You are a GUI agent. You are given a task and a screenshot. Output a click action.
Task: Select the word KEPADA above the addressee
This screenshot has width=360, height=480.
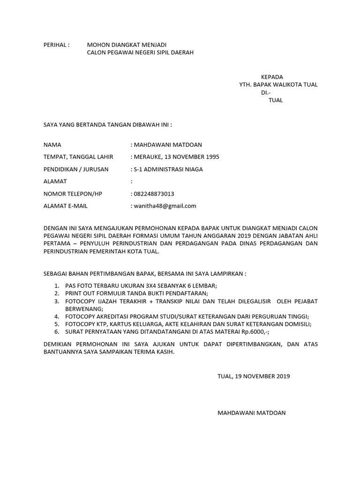pos(272,77)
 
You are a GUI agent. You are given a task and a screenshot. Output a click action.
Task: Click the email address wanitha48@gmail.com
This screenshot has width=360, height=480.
pos(165,206)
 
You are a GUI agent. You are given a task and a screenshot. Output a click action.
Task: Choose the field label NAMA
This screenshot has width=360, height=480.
pos(52,145)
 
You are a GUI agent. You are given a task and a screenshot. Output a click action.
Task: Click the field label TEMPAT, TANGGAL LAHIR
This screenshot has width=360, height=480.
pos(78,157)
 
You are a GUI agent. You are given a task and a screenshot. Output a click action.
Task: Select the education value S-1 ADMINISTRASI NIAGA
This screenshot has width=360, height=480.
pos(168,169)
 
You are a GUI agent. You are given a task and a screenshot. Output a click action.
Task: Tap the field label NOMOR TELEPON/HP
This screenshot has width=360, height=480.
pos(73,194)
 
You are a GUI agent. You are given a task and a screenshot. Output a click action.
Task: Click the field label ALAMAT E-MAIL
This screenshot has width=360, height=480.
pos(66,206)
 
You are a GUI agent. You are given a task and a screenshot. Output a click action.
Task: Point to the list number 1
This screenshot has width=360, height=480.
pos(56,286)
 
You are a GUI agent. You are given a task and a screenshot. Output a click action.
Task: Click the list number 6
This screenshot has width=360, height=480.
pos(56,331)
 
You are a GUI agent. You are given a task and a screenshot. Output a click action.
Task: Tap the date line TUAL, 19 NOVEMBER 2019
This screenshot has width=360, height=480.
pos(254,376)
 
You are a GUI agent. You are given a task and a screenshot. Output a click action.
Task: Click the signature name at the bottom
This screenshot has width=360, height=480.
pos(251,413)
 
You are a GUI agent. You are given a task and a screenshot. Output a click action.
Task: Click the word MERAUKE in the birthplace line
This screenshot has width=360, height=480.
pos(148,157)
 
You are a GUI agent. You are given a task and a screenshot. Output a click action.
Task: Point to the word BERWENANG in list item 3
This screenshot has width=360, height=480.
pos(82,309)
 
